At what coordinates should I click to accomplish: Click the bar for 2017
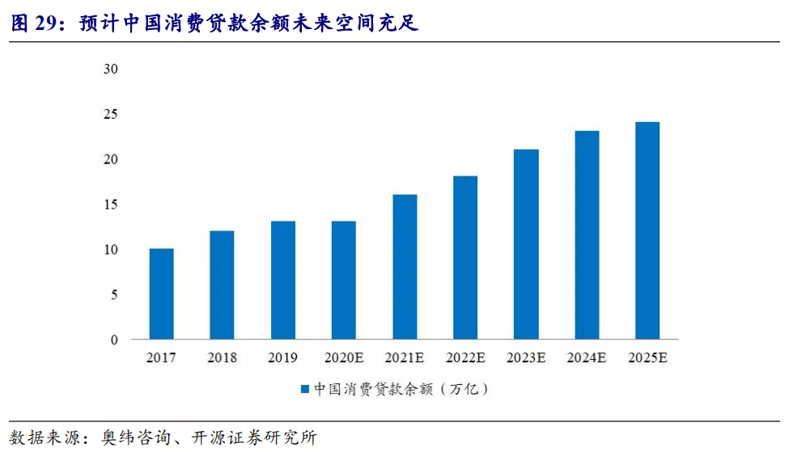[x=161, y=294]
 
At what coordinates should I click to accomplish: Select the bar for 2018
[x=222, y=285]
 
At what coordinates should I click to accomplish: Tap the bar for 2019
[x=282, y=281]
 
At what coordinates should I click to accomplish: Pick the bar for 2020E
[x=343, y=281]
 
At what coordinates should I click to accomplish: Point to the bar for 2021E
[x=405, y=267]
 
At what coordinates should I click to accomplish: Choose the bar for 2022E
[x=465, y=258]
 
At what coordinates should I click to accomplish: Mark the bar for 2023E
[x=526, y=244]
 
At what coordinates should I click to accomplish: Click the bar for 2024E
[x=587, y=235]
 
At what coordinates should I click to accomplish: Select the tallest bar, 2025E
[x=647, y=230]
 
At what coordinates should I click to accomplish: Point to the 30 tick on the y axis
[x=111, y=70]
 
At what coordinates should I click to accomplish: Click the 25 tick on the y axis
[x=111, y=115]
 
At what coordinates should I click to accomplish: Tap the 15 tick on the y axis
[x=111, y=205]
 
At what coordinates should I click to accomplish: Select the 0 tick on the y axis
[x=114, y=340]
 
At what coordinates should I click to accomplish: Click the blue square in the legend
[x=305, y=390]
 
